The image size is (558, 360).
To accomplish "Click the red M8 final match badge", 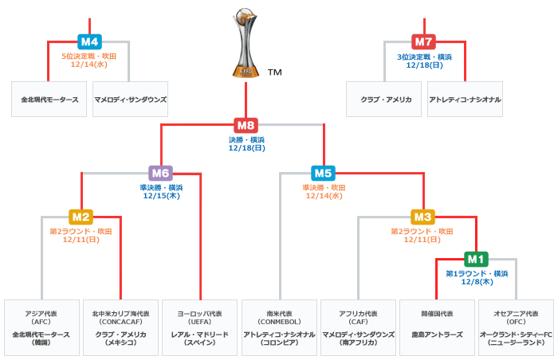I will (246, 125).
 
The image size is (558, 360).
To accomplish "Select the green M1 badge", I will (476, 259).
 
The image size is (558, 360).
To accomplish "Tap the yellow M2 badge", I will (81, 217).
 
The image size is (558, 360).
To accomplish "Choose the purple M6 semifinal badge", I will (160, 173).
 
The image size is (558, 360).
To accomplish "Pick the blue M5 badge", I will (323, 173).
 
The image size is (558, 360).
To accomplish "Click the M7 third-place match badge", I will (424, 41).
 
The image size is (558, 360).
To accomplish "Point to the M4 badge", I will (89, 41).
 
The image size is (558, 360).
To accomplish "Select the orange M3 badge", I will (423, 217).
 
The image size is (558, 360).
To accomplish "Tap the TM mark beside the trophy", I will (275, 72).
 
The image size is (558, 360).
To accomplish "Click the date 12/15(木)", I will (160, 196).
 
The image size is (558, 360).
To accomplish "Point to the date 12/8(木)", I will (475, 282).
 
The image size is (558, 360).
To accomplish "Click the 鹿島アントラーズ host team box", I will (436, 327).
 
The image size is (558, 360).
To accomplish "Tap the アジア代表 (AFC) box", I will (41, 327).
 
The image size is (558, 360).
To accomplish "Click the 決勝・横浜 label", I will (246, 139).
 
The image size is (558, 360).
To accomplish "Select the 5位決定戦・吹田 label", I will (89, 57).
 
